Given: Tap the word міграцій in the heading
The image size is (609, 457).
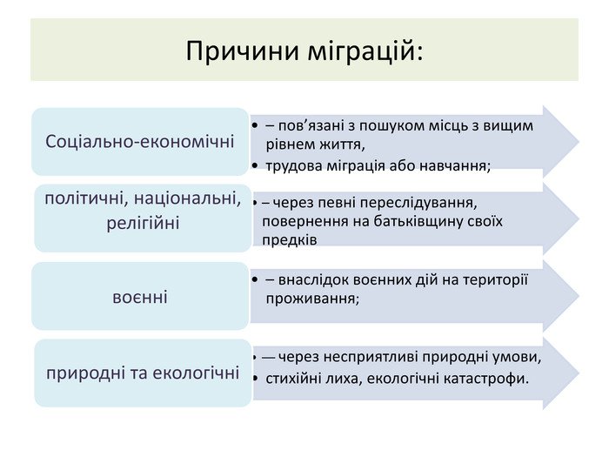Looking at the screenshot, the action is click(x=365, y=50).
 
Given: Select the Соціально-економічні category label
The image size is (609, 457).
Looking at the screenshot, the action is click(x=140, y=141).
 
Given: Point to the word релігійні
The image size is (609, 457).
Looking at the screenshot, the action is click(x=143, y=224).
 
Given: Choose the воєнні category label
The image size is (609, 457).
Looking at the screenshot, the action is click(x=140, y=298).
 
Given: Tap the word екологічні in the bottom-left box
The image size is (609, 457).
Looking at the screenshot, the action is click(x=196, y=373).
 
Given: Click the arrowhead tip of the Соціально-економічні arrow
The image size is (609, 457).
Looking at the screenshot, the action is click(x=579, y=141).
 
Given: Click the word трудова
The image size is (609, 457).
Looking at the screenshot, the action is click(x=294, y=166).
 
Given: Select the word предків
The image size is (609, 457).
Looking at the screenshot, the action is click(x=290, y=240).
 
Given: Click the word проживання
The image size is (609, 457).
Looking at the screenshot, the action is click(x=312, y=299).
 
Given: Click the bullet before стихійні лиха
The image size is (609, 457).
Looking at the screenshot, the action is click(x=255, y=378).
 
